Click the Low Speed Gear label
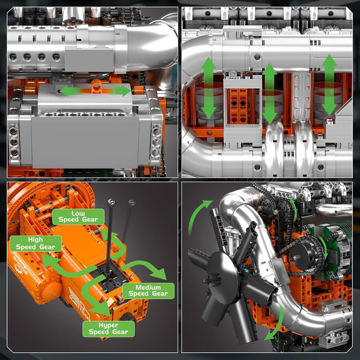78,217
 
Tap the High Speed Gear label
35,244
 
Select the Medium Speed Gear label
148,290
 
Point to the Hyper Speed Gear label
109,329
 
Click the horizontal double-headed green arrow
95,91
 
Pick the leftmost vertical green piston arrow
208,88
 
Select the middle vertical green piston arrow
269,94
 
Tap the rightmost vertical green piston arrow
329,85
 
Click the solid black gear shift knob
112,202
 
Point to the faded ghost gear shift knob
132,203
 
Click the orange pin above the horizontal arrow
97,85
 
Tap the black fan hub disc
223,278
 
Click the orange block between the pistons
238,106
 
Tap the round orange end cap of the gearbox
50,289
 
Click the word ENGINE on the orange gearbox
20,266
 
